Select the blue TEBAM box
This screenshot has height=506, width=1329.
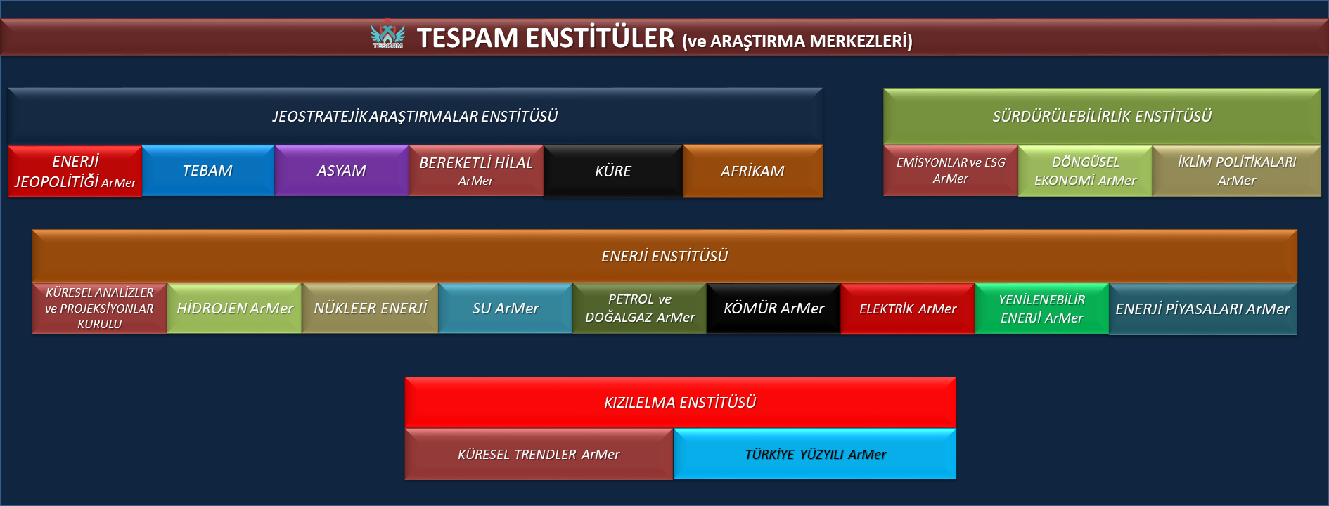click(x=208, y=171)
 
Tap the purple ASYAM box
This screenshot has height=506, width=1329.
click(x=342, y=171)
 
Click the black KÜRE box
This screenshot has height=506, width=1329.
click(x=613, y=171)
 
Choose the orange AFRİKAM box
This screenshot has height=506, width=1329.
click(x=753, y=171)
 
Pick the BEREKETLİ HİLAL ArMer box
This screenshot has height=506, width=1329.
click(x=476, y=171)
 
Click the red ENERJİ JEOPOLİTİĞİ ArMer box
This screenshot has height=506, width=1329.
click(x=75, y=171)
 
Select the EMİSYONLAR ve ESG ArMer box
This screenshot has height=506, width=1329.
click(x=951, y=171)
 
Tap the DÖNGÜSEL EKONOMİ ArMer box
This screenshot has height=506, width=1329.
click(x=1085, y=171)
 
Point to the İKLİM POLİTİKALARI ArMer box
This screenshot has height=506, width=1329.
click(x=1237, y=171)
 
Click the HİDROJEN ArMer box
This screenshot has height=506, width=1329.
click(x=235, y=309)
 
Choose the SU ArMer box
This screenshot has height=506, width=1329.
click(x=506, y=309)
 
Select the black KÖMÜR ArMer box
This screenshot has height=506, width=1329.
click(x=773, y=309)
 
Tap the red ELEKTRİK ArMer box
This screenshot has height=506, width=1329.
click(x=908, y=309)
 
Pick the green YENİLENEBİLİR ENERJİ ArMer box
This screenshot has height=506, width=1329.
click(x=1042, y=309)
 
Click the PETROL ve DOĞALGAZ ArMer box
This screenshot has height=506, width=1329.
click(x=640, y=309)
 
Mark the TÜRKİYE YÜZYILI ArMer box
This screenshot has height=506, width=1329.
click(x=815, y=454)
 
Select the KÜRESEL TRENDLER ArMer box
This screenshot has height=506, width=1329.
click(x=539, y=454)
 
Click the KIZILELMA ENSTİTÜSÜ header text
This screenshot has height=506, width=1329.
click(x=680, y=403)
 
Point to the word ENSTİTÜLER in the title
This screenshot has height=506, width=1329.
click(x=600, y=38)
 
